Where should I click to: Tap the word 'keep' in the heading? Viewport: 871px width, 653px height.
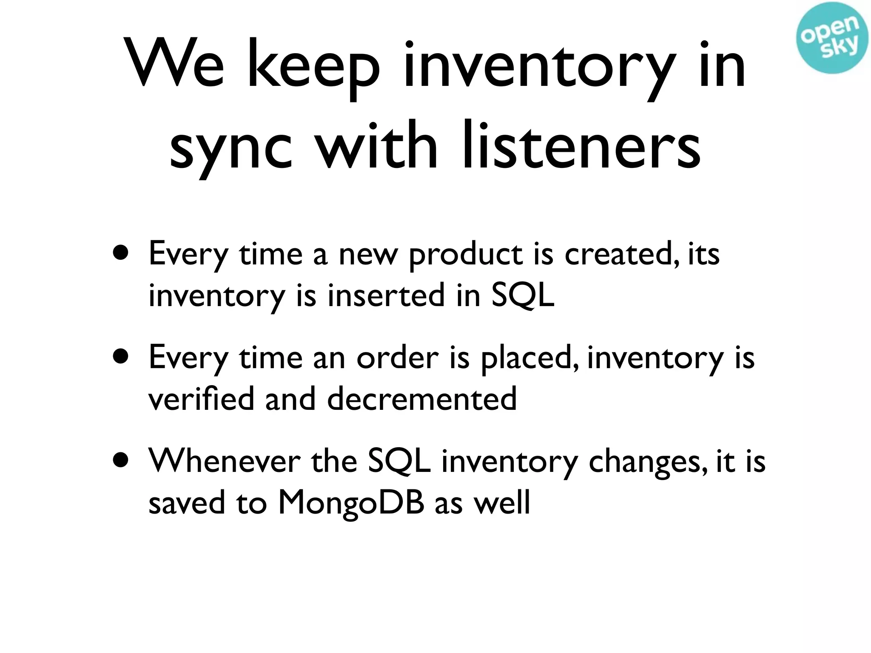coord(313,68)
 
